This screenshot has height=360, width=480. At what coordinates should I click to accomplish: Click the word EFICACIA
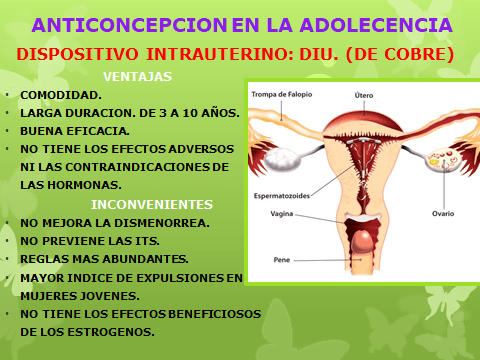[x=102, y=130]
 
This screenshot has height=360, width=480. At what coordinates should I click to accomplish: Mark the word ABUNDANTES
[x=133, y=258]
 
